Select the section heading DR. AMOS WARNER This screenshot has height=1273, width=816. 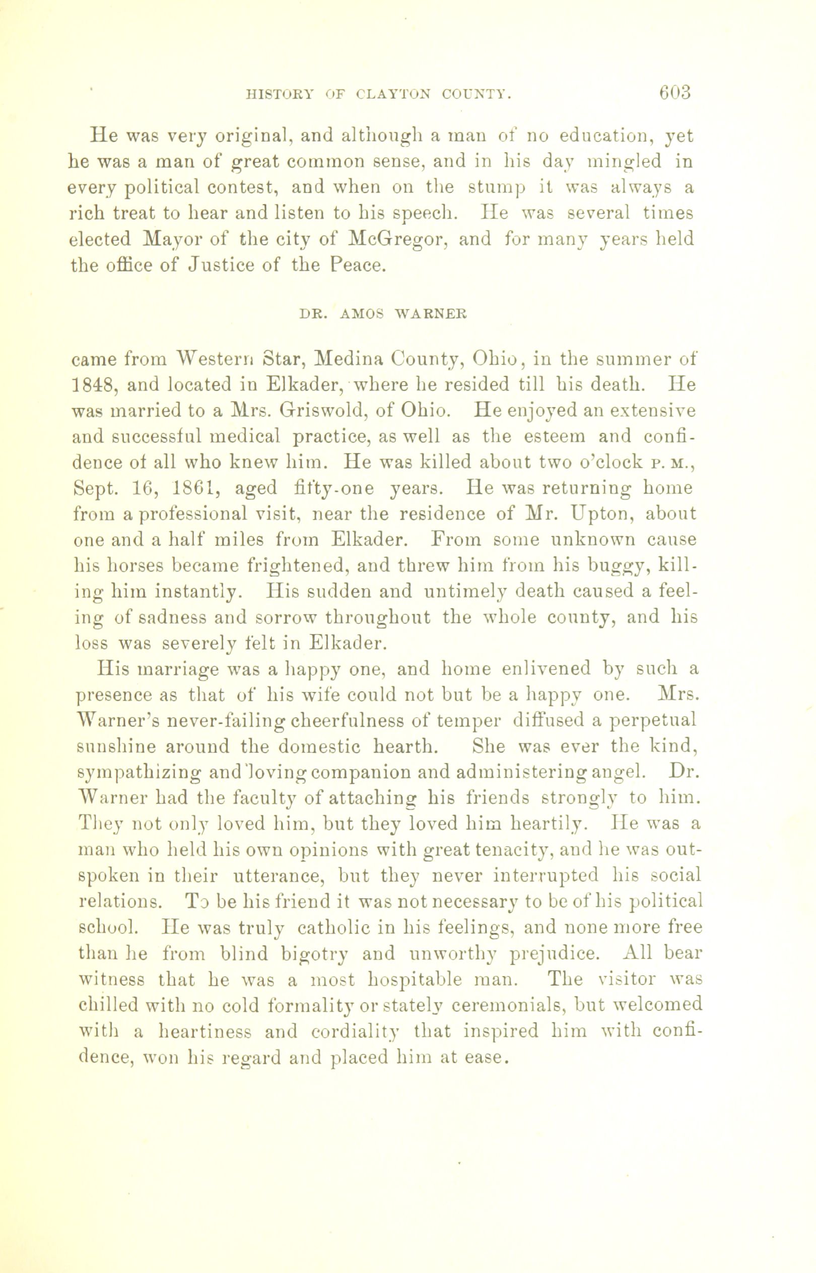[x=383, y=314]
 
